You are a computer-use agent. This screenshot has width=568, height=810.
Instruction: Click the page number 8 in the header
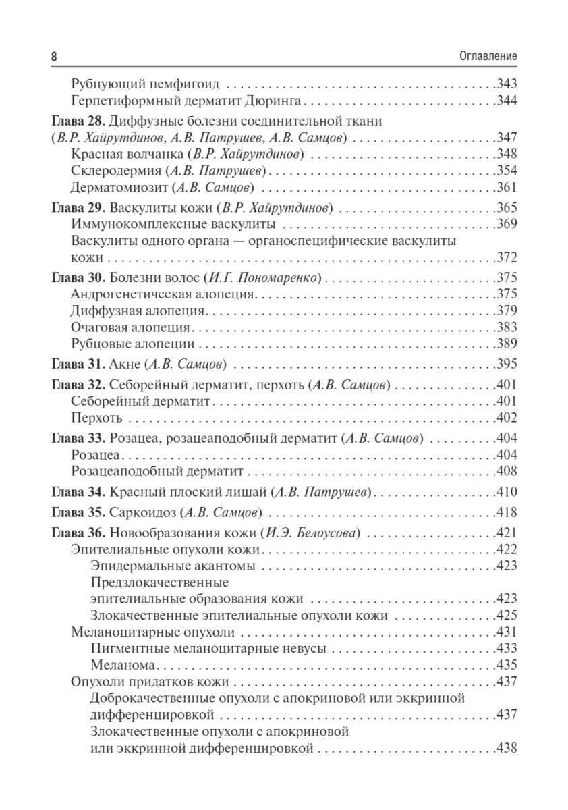point(53,57)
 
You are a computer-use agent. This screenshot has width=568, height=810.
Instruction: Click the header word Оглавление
point(484,57)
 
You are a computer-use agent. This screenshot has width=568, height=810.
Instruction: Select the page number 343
point(506,85)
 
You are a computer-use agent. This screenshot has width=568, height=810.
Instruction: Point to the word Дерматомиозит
point(119,187)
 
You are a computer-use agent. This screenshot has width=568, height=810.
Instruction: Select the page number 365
point(506,207)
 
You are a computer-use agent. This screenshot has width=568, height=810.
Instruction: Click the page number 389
point(506,343)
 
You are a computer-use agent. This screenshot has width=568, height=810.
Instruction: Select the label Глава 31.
point(76,364)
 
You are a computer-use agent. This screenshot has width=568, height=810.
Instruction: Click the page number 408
point(506,470)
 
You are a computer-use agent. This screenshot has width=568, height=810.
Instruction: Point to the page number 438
point(506,748)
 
